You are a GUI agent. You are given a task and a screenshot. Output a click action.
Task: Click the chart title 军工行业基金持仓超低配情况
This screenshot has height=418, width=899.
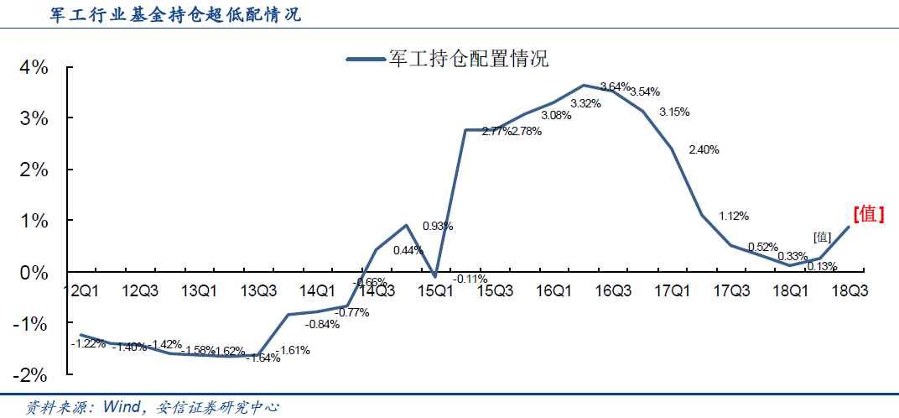(164, 14)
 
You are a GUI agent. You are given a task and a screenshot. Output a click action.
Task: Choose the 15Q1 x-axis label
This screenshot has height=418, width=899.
(436, 290)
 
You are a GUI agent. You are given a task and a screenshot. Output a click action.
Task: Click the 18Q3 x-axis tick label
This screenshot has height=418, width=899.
(849, 290)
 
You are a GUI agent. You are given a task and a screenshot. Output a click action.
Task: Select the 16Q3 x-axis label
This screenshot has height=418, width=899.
(613, 290)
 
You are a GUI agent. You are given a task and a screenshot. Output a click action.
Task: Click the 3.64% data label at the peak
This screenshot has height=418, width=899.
(615, 86)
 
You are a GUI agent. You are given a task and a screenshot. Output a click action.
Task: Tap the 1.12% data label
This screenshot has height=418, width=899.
(734, 216)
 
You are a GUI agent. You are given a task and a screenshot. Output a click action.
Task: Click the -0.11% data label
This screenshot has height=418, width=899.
(470, 279)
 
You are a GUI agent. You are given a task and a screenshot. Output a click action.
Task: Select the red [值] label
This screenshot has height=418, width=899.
(869, 214)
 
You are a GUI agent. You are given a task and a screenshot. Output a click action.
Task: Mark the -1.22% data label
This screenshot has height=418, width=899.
(88, 342)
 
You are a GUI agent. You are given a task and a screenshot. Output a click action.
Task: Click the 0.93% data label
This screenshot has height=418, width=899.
(438, 226)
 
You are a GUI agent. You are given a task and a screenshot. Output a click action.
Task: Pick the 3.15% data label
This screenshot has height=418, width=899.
(674, 112)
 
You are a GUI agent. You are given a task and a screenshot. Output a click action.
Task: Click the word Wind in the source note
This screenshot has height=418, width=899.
(122, 407)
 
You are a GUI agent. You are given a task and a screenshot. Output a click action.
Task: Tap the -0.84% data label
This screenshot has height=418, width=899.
(322, 324)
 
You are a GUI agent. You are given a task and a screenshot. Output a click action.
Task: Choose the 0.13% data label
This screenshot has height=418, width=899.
(822, 266)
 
